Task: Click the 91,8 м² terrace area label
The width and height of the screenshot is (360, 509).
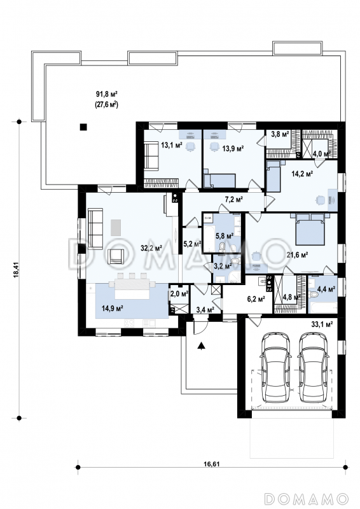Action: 106,94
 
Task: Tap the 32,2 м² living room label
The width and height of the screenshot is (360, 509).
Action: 151,248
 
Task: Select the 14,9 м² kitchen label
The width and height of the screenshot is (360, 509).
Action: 112,309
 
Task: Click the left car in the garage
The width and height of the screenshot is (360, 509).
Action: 275,367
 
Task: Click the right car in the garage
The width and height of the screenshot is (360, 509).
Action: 312,367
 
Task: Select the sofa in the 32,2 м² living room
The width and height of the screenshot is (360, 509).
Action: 95,228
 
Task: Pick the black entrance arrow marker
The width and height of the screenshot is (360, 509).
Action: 202,346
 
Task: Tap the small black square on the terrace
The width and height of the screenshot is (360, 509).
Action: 84,127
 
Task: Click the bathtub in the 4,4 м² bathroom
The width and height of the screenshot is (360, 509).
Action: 322,308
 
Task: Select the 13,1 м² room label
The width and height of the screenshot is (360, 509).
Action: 172,145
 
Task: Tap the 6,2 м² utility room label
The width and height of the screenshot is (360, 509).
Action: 256,299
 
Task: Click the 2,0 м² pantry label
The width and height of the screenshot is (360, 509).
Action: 179,294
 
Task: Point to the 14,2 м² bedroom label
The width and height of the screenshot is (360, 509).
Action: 302,174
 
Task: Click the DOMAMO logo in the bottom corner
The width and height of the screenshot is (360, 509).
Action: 306,499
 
